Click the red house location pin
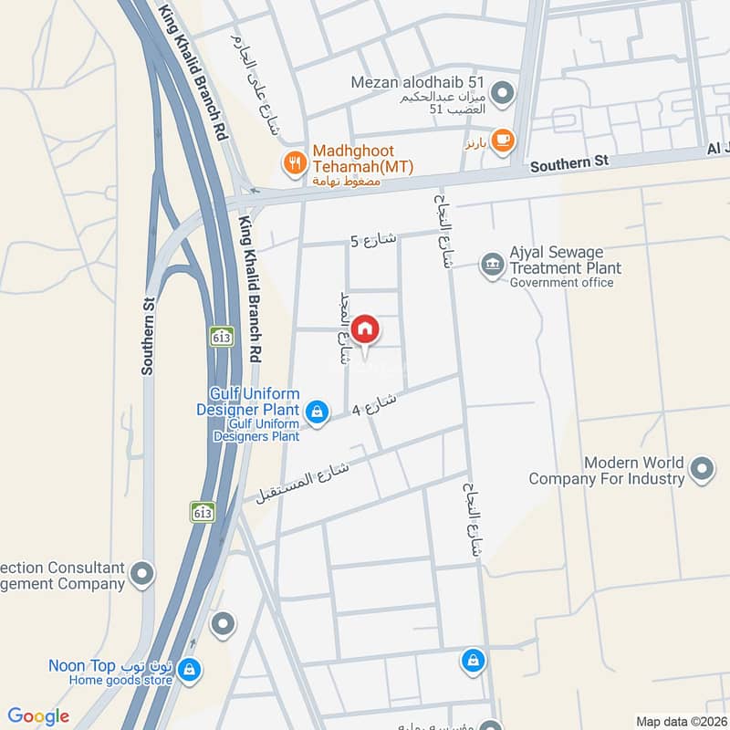pos(365,330)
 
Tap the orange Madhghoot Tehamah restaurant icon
pos(294,163)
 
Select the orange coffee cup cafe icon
pos(502,140)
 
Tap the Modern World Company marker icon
pos(702,469)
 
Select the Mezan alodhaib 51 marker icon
pos(501,92)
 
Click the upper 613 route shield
pos(220,336)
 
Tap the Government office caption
pos(561,283)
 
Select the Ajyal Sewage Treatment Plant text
pos(565,260)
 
